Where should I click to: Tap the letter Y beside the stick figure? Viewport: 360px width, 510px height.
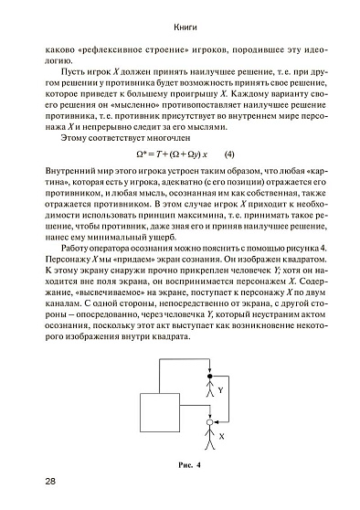(x=222, y=390)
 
